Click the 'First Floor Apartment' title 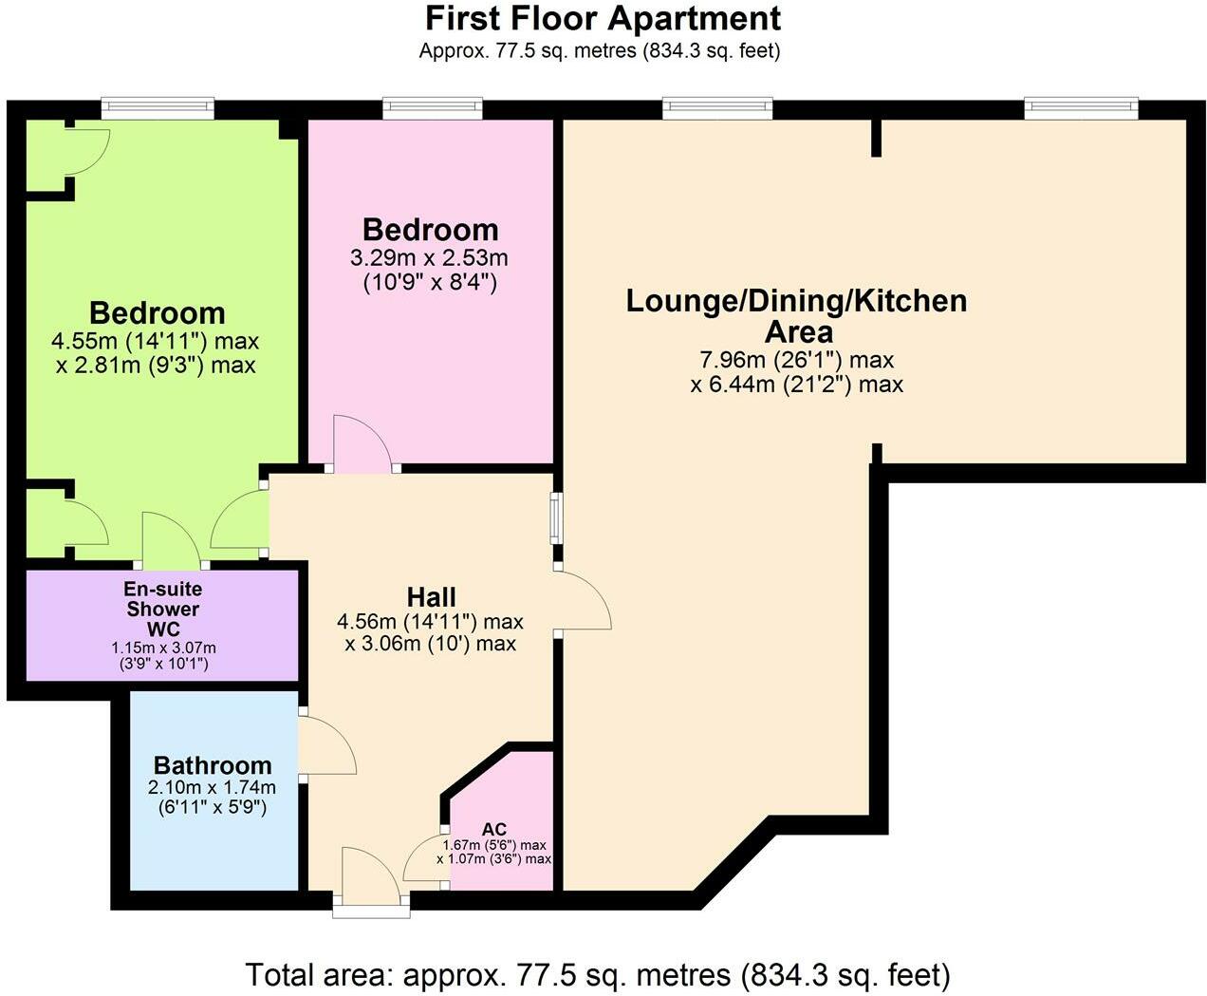(603, 18)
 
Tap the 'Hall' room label (431, 597)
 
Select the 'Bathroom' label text (213, 765)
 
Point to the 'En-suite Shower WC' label (163, 609)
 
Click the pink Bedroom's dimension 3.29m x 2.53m (430, 258)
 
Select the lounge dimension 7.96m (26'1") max (796, 360)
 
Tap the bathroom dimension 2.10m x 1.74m (212, 788)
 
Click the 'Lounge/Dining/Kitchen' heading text (796, 302)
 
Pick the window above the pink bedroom (431, 109)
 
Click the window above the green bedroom (158, 108)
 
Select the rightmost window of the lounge (1081, 108)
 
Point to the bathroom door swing (326, 747)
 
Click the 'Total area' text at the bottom (598, 974)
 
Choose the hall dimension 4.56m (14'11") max (431, 622)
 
